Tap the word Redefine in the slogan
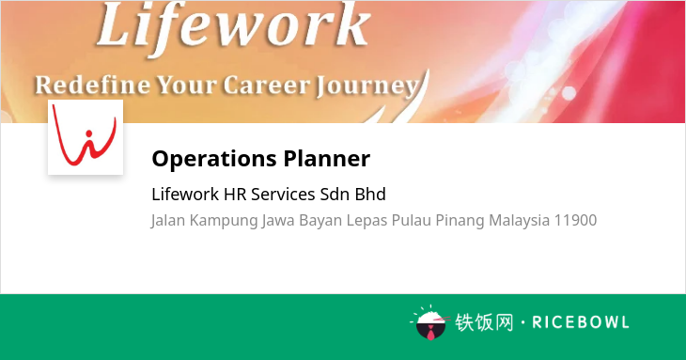click(92, 85)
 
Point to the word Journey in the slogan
click(367, 87)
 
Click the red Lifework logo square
click(86, 137)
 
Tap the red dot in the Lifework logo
click(89, 133)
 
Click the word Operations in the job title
click(214, 159)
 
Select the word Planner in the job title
click(327, 158)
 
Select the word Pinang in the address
click(460, 220)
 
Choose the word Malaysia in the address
click(520, 220)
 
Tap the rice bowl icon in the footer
click(430, 322)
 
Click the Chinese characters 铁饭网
click(484, 322)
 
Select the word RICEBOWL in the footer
click(581, 322)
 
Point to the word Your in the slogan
click(187, 86)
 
